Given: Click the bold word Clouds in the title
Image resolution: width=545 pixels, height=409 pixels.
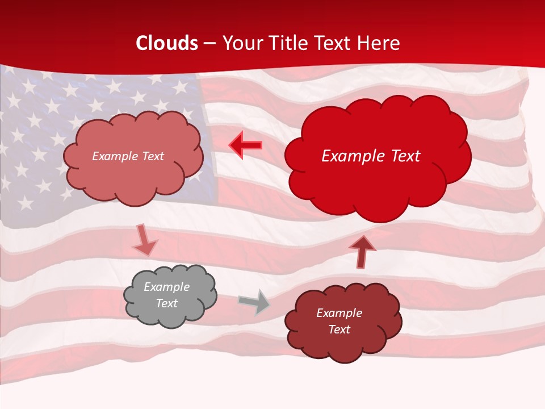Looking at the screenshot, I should click(167, 43).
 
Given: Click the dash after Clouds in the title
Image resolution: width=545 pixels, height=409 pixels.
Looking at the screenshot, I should click(209, 44).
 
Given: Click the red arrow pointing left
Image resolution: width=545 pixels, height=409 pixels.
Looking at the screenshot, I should click(246, 145).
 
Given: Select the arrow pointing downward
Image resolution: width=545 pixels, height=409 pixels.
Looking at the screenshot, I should click(145, 240).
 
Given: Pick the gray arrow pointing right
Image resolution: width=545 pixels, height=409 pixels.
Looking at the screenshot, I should click(254, 302).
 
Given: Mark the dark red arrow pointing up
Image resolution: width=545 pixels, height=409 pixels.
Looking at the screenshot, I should click(362, 252).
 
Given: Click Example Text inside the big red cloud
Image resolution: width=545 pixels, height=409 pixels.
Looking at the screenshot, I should click(371, 156).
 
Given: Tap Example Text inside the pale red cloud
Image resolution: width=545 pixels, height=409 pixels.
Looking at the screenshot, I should click(128, 156).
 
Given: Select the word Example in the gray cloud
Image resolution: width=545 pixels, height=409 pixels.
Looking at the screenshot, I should click(166, 287).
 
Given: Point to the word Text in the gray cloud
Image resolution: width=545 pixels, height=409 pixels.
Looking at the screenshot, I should click(166, 303).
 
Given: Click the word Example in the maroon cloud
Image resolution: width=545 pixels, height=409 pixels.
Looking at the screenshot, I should click(339, 313).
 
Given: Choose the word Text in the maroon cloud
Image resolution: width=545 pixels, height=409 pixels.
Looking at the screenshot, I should click(339, 329).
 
